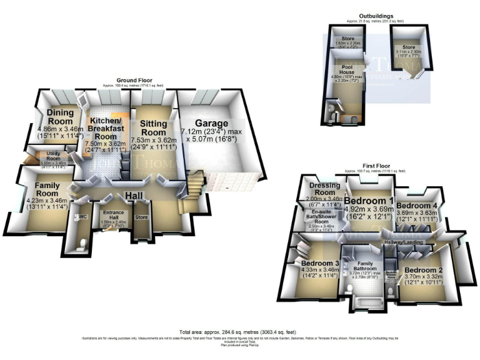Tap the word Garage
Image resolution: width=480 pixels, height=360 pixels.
(x=209, y=124)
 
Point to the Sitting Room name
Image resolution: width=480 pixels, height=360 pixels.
(x=153, y=128)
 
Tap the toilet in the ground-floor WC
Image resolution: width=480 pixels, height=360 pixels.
(x=82, y=245)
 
